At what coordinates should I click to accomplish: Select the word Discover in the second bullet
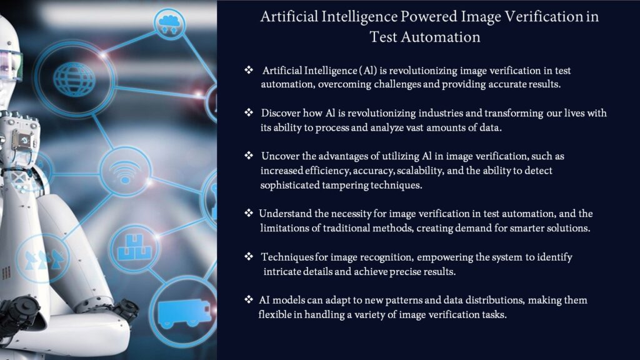tap(281, 113)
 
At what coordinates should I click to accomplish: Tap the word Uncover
tap(281, 156)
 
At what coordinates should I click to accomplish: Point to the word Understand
tap(286, 214)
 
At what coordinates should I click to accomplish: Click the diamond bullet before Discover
tap(248, 112)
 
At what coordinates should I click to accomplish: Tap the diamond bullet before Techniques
tap(248, 256)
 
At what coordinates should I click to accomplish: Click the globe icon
tap(74, 78)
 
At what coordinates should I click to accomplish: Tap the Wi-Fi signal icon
tap(126, 172)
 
